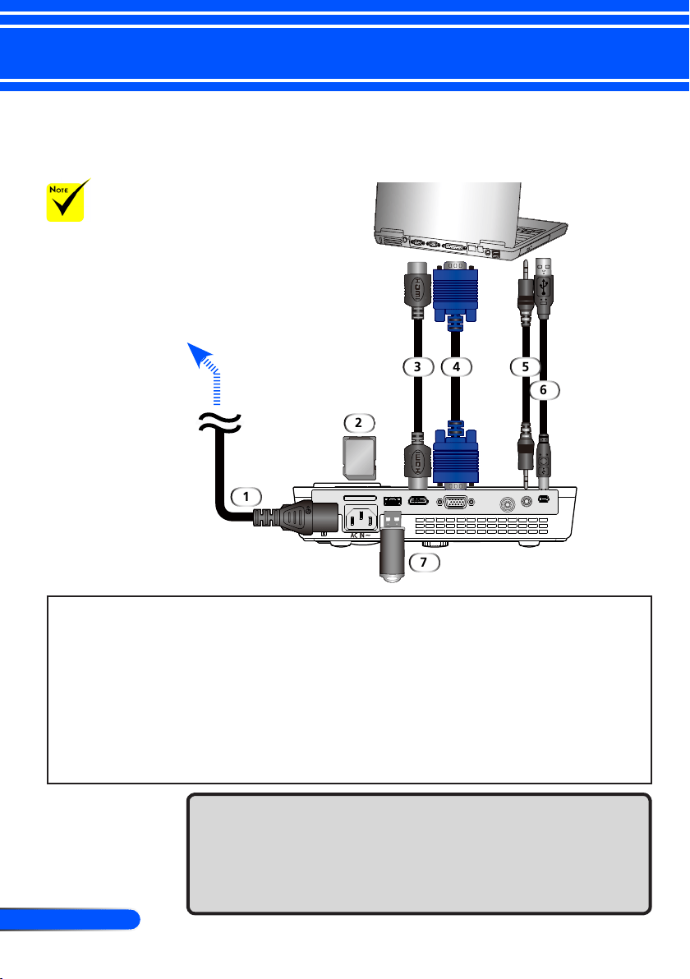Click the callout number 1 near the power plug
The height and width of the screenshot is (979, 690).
point(246,496)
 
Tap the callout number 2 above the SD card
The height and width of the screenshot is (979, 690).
point(358,423)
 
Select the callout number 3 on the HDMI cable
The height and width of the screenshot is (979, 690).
point(418,366)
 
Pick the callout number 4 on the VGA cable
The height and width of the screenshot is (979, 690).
point(457,366)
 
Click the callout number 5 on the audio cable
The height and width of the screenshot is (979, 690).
point(525,366)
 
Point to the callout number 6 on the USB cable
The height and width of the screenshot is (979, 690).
point(543,389)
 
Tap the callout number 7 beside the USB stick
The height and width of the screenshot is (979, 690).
point(424,562)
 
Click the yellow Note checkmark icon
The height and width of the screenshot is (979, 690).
point(67,200)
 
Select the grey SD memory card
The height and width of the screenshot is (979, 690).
point(361,457)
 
